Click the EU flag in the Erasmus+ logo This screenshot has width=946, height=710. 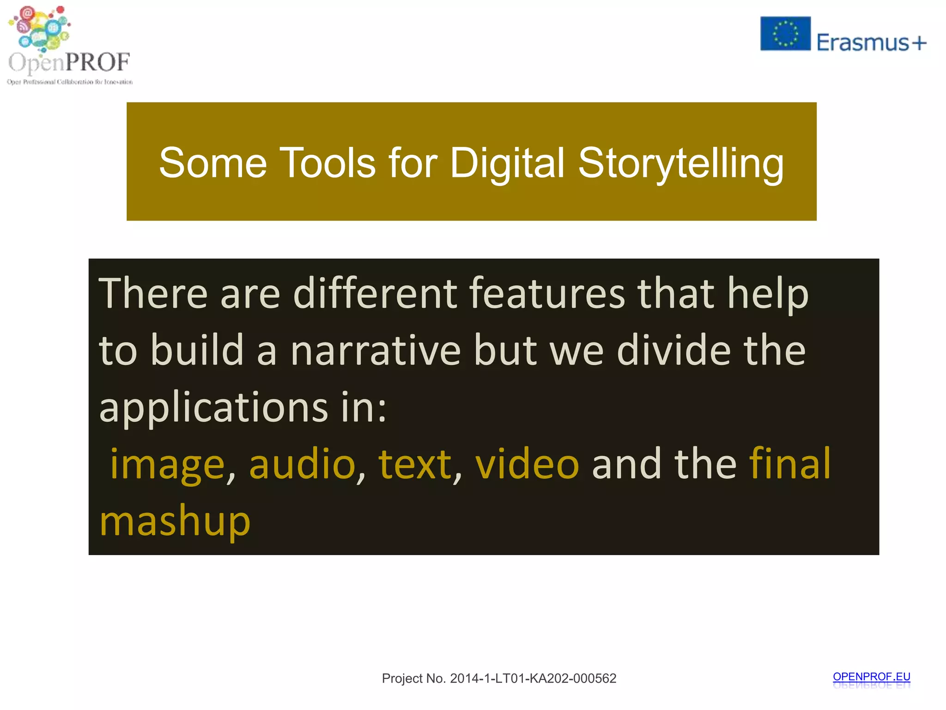785,33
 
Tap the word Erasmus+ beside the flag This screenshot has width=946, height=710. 871,43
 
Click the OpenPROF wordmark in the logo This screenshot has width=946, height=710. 69,62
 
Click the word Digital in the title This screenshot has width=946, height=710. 507,163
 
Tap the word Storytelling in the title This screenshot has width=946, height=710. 681,163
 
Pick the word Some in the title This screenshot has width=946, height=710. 213,163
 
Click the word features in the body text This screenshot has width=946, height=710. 547,293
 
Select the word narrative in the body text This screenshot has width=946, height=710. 376,350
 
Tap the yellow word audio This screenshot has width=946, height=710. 302,464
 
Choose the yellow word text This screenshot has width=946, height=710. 414,464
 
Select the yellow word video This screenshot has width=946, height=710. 527,464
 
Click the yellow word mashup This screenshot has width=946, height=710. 175,521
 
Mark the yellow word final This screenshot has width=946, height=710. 789,464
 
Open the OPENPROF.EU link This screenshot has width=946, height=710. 871,677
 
